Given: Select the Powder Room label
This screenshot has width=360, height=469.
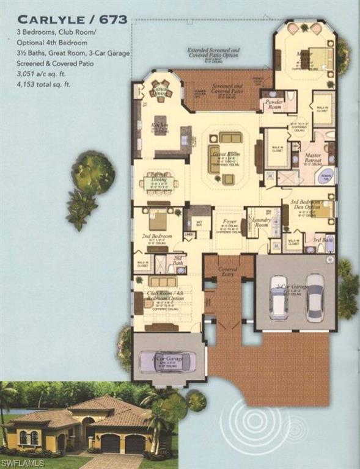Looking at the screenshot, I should pos(274,104).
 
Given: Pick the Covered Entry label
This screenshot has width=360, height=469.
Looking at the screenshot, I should pos(229,270).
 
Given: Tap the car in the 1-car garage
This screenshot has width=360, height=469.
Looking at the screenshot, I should pos(167,360).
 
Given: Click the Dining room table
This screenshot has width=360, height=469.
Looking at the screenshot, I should pos(158,182).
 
